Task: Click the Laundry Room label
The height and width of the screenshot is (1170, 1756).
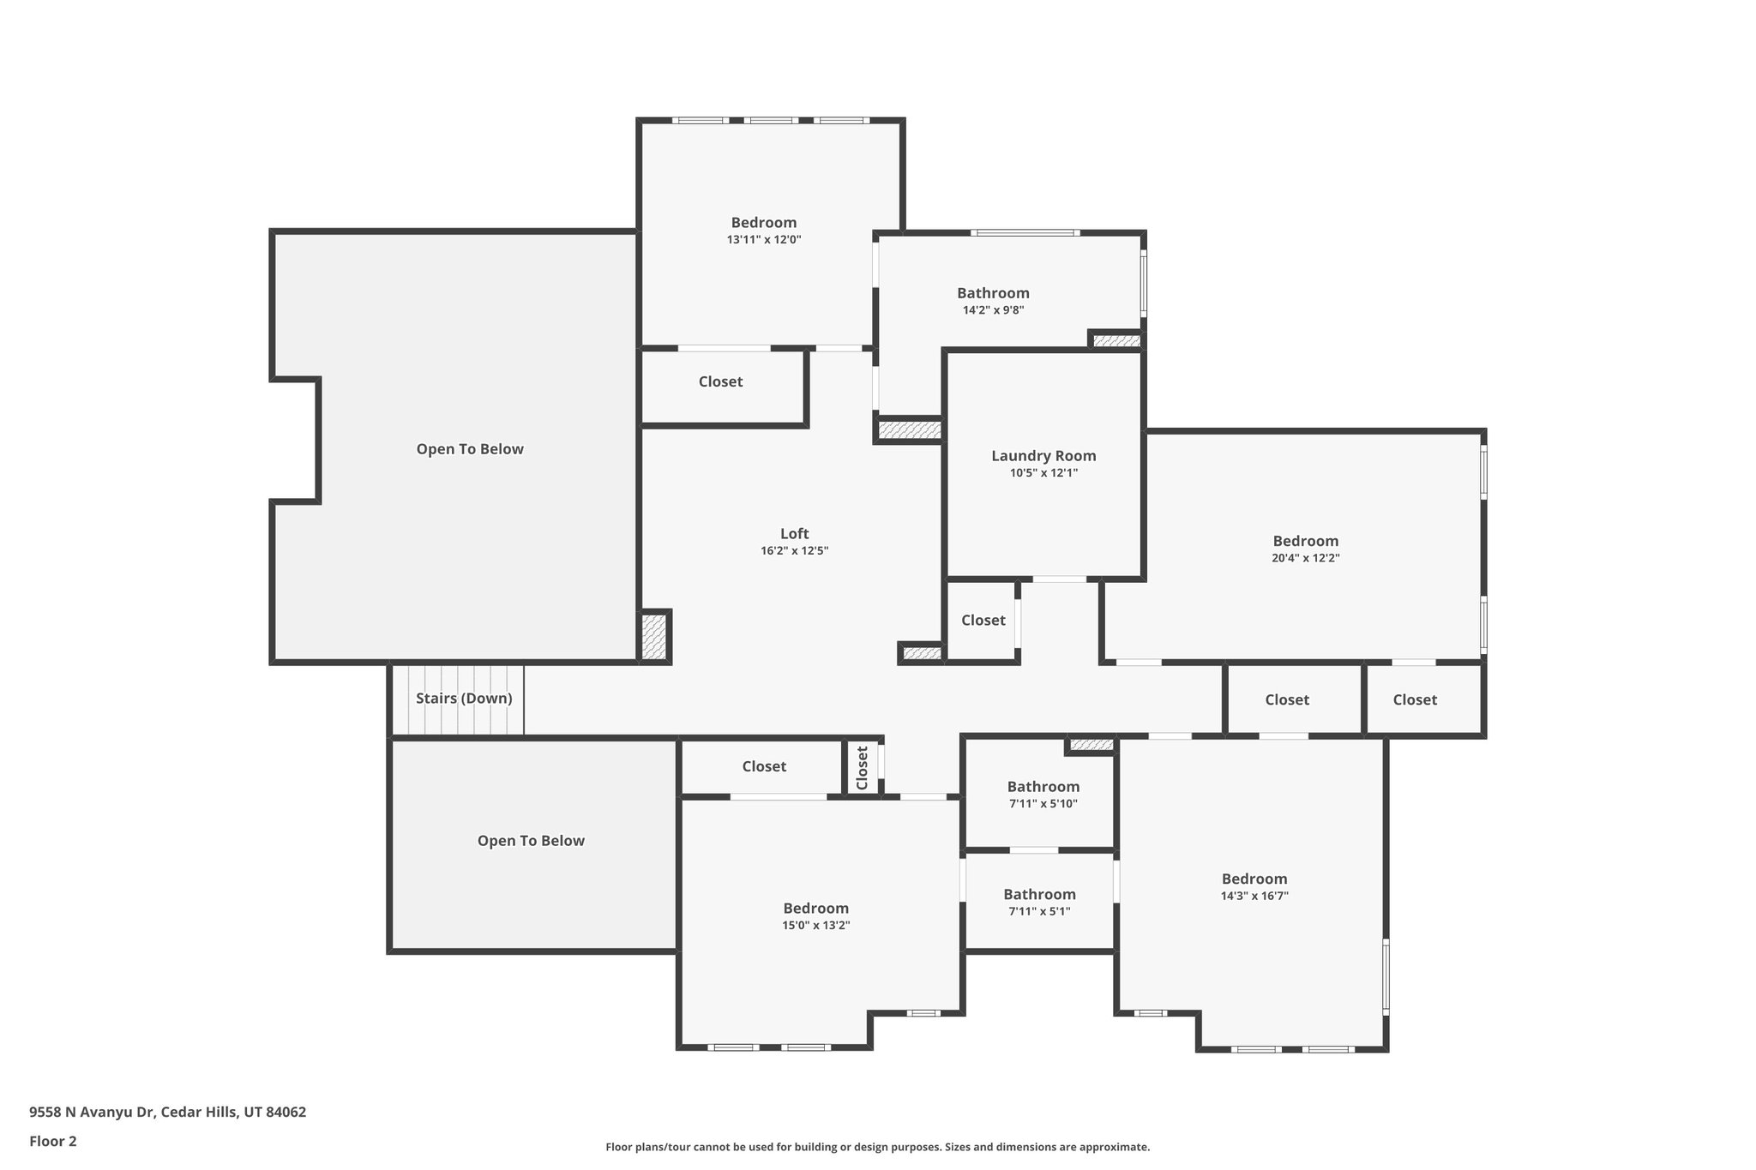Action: (x=1043, y=456)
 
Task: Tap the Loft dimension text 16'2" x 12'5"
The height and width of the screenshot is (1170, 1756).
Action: (x=794, y=551)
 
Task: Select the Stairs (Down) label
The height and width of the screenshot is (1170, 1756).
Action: (x=464, y=699)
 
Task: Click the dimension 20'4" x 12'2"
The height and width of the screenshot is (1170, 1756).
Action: (x=1305, y=558)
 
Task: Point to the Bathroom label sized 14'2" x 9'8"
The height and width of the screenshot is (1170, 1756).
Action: (x=993, y=293)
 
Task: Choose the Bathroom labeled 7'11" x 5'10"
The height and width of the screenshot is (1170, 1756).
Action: (x=1043, y=787)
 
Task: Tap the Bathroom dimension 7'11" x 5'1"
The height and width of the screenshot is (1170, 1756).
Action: (x=1039, y=911)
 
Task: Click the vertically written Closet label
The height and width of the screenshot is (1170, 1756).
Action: (x=863, y=767)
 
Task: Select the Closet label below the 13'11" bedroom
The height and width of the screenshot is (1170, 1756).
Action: (x=720, y=381)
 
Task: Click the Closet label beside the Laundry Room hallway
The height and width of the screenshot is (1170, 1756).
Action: (x=983, y=620)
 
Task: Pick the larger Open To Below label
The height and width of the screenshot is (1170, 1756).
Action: (x=470, y=449)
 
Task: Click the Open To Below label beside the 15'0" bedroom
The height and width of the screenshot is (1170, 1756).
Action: (x=531, y=841)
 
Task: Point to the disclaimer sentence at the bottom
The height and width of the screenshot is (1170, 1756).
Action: (x=877, y=1147)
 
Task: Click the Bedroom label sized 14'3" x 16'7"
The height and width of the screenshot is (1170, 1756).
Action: (x=1254, y=879)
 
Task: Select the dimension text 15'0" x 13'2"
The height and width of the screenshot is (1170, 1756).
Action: (x=815, y=926)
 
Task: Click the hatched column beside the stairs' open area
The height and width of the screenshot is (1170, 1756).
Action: (x=655, y=636)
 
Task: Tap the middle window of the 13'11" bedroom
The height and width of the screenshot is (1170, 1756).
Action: (x=771, y=121)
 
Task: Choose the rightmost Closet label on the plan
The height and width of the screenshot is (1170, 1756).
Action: (x=1414, y=699)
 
